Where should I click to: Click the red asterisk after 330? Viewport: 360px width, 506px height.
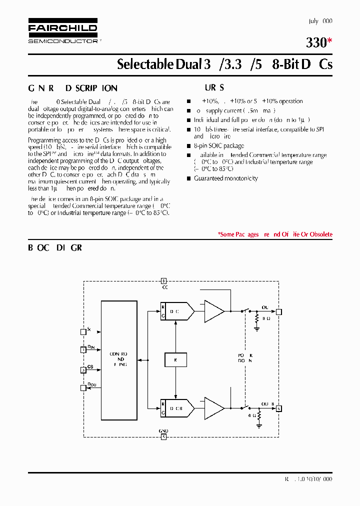(329, 41)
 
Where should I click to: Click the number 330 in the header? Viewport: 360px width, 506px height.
(316, 43)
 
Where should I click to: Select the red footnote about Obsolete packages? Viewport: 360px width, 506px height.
(275, 234)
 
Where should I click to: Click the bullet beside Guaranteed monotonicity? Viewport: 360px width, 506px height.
(189, 178)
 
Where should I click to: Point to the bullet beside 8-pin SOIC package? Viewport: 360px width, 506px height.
(189, 146)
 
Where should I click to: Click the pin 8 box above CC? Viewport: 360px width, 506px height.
(163, 281)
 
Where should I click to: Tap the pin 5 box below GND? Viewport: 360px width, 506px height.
(163, 436)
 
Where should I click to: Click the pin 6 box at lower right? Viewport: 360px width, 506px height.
(279, 408)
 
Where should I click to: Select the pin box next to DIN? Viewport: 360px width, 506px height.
(83, 350)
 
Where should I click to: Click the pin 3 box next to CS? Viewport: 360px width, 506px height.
(83, 370)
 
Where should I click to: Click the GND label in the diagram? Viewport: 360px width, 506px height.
(164, 430)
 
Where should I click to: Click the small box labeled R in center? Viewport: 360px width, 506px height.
(175, 360)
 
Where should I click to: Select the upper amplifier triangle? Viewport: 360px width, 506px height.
(214, 311)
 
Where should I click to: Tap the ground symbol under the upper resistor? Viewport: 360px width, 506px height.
(257, 328)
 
